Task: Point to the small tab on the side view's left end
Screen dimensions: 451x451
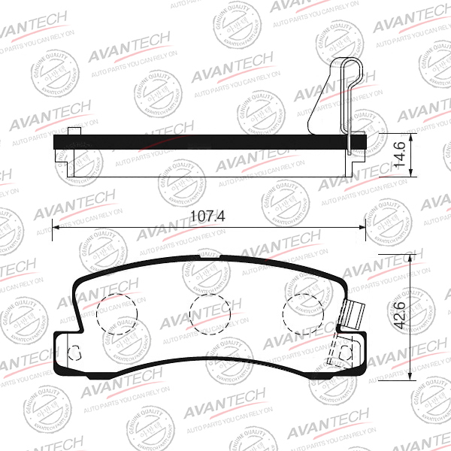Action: click(x=73, y=132)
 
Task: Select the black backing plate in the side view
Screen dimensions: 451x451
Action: click(x=210, y=141)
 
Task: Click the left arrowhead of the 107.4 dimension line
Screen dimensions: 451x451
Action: click(x=57, y=227)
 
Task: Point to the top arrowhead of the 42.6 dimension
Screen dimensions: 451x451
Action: click(x=410, y=259)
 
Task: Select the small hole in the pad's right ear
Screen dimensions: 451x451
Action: click(x=345, y=352)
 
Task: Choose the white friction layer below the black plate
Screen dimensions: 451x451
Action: click(x=210, y=162)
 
